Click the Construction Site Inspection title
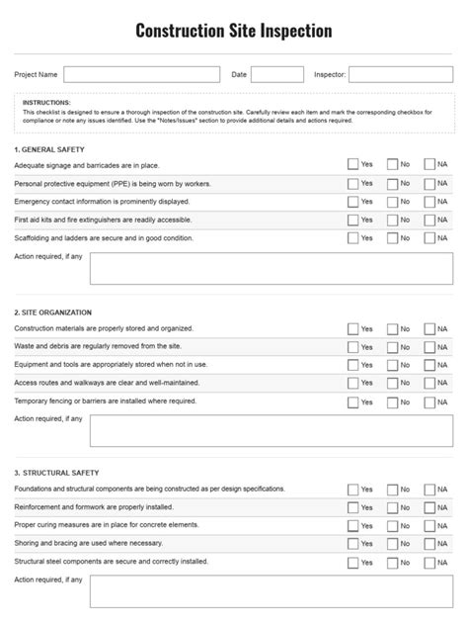[x=234, y=32]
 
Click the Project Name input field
[x=142, y=74]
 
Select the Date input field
[x=277, y=74]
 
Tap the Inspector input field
[x=401, y=74]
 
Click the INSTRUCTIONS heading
[x=47, y=102]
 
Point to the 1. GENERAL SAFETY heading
[x=50, y=148]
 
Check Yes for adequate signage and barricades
[x=353, y=165]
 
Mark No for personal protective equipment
[x=392, y=184]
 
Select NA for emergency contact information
[x=429, y=202]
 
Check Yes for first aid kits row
[x=353, y=221]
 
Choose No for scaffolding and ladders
[x=392, y=238]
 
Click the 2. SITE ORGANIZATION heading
[x=55, y=312]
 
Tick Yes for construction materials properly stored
[x=353, y=329]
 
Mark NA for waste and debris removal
[x=429, y=347]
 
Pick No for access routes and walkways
[x=392, y=384]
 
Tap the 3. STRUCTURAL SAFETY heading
[x=57, y=473]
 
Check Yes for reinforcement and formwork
[x=353, y=508]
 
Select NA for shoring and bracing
[x=429, y=545]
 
